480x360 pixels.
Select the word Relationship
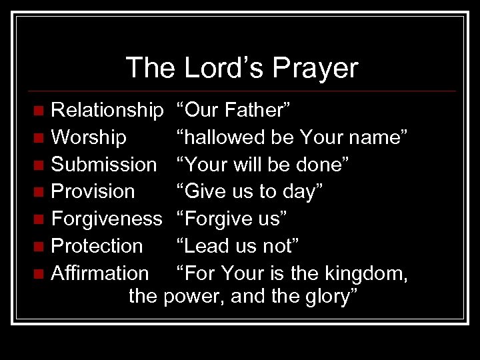[x=107, y=110]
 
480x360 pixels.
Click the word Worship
[x=89, y=137]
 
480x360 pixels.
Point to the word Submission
[x=104, y=164]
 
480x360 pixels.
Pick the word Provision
[x=93, y=191]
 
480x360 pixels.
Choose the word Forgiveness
[x=107, y=219]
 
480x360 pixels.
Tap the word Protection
[x=97, y=246]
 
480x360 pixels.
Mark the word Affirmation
[x=100, y=273]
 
